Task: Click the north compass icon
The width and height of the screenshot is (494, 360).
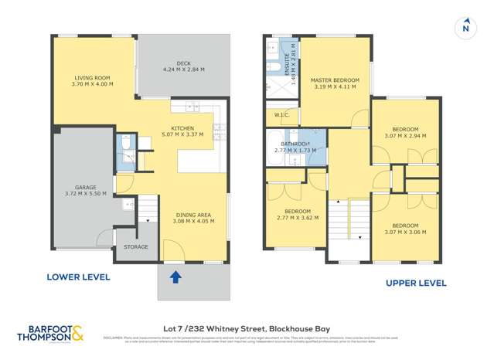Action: click(465, 28)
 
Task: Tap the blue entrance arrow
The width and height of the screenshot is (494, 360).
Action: click(175, 277)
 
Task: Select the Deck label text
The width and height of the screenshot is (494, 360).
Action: click(182, 64)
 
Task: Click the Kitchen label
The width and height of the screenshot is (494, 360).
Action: click(182, 128)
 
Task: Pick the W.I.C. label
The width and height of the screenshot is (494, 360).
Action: click(281, 115)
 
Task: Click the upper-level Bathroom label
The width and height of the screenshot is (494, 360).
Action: click(296, 144)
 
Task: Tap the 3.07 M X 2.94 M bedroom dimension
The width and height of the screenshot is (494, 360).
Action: click(405, 136)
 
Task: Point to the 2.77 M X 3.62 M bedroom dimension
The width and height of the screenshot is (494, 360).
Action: click(297, 218)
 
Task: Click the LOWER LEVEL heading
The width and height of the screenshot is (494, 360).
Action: click(78, 277)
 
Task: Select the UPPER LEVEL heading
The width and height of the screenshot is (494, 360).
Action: click(416, 284)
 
